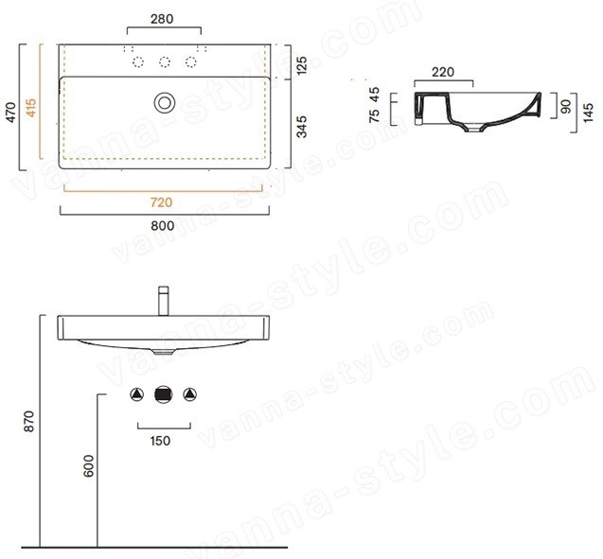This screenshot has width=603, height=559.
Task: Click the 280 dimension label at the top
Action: coord(162,19)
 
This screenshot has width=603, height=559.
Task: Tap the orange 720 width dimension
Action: coord(161,202)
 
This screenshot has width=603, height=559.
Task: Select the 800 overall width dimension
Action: coord(162,226)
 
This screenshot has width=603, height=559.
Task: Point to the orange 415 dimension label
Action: coord(30,108)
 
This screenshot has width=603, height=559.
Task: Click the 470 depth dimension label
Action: coord(11,113)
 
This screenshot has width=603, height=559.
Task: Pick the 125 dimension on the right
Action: coord(302,65)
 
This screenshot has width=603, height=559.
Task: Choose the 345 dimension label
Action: coord(302,127)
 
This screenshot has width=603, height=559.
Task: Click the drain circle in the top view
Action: coord(165,102)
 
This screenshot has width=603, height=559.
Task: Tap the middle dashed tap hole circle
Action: coord(165,61)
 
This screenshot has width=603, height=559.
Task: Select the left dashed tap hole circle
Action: coord(138,61)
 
